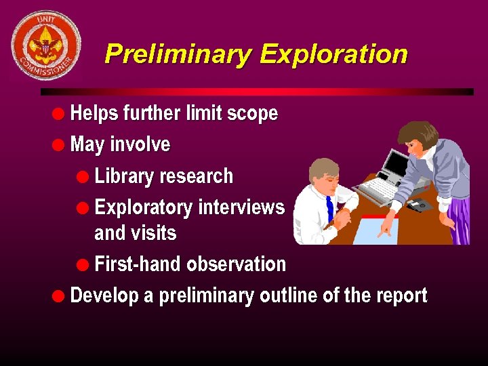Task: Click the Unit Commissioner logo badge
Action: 46,45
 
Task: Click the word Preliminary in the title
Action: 178,54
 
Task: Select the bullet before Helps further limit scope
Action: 60,113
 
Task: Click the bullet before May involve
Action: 60,144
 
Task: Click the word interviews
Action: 241,207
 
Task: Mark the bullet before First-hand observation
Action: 84,264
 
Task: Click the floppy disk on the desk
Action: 420,204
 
